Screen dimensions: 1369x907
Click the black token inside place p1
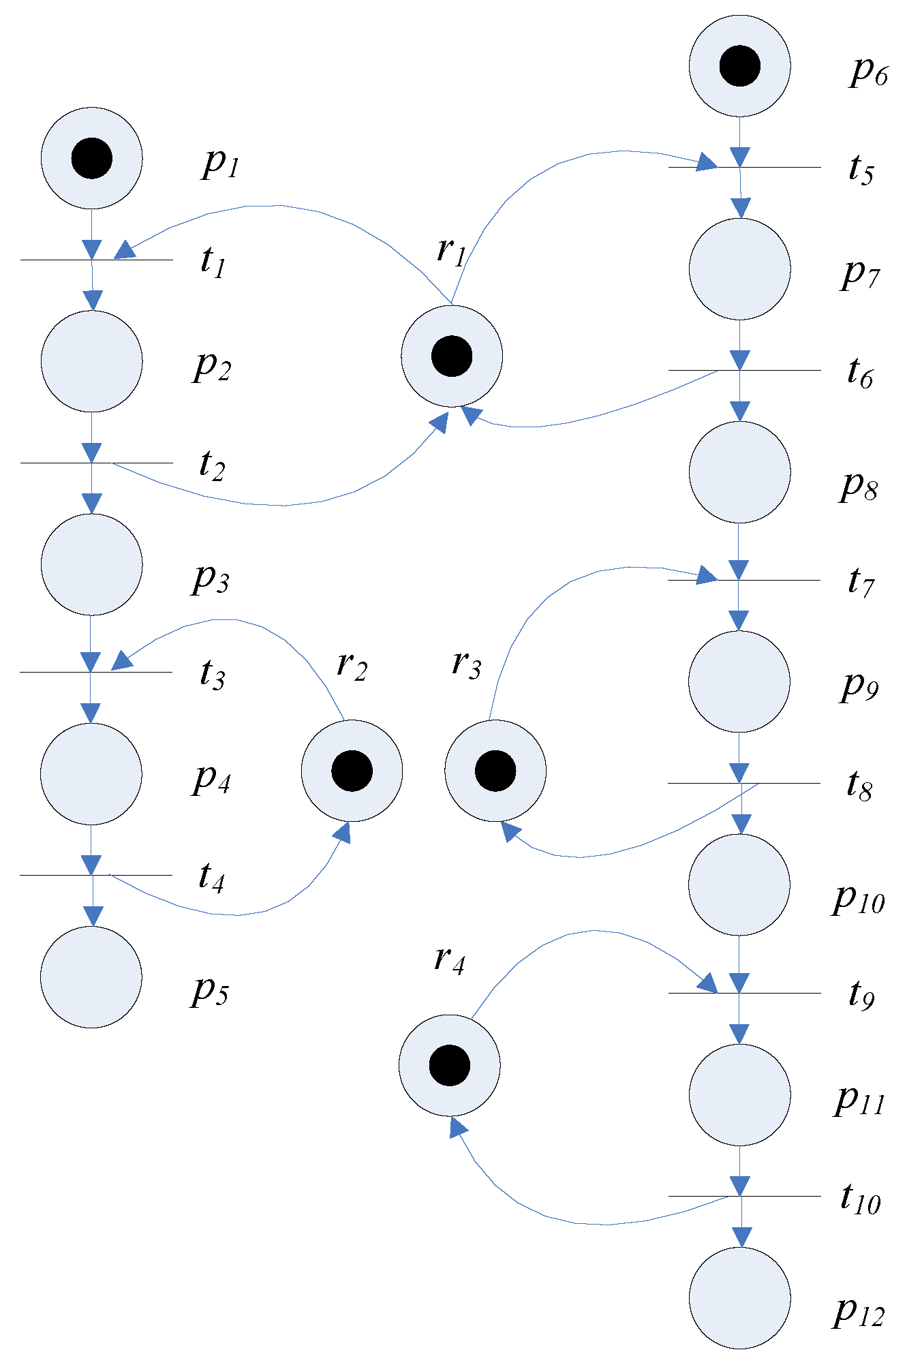click(91, 158)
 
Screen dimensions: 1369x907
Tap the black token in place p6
click(739, 66)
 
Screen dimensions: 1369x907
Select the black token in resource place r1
click(452, 356)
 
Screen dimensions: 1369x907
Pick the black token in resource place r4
click(450, 1065)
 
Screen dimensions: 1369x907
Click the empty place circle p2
click(91, 361)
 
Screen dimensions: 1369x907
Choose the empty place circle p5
click(91, 977)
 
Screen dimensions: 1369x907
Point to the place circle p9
click(739, 681)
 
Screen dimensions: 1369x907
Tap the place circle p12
click(739, 1297)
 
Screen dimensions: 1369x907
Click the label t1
click(213, 262)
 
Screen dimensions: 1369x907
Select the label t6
click(860, 373)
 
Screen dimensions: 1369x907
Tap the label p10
click(859, 899)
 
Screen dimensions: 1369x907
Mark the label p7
click(861, 274)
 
